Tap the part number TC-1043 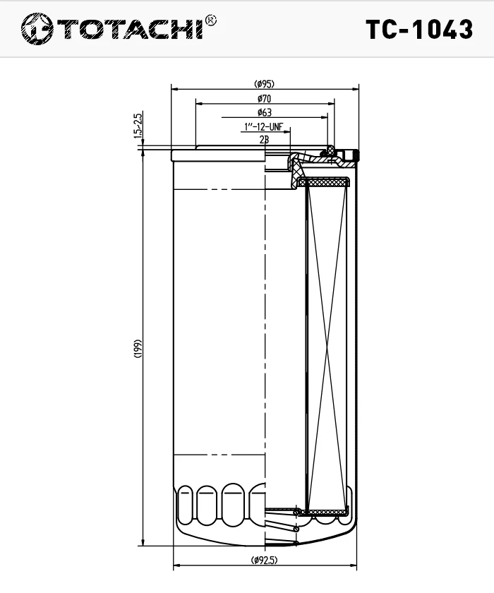pos(419,29)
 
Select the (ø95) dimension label pos(265,84)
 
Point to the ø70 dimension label pos(265,99)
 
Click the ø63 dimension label pos(265,113)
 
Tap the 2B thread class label pos(264,140)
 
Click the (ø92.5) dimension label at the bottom pos(264,561)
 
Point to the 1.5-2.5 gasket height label pos(138,126)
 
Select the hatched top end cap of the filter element pos(324,183)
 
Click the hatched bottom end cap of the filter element pos(323,511)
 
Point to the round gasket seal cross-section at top pos(328,150)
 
